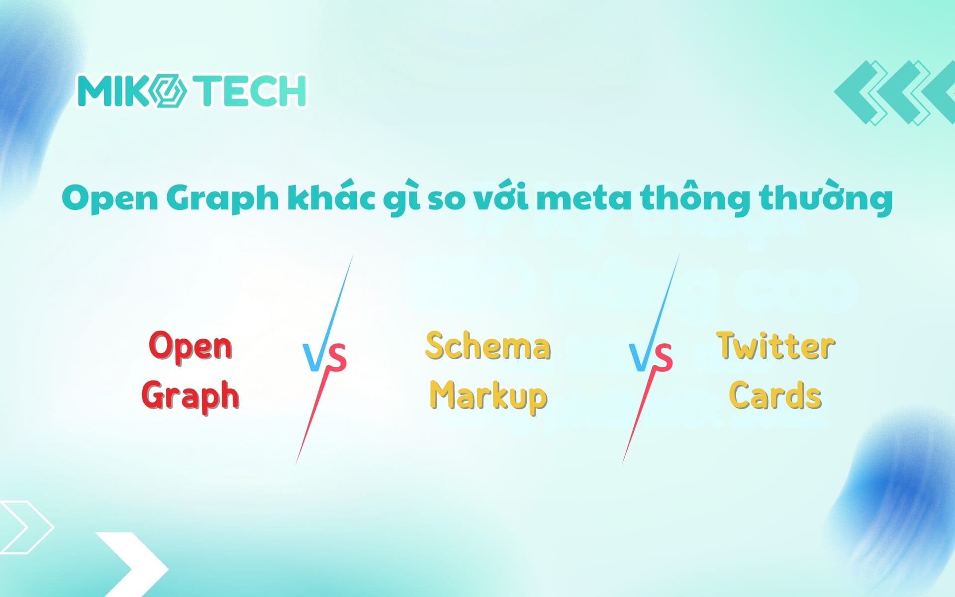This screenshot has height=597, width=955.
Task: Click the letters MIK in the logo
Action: pos(113,91)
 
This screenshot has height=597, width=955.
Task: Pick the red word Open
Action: pos(191,346)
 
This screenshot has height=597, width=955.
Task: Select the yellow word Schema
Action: pos(487,346)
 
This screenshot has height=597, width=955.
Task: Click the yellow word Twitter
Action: pos(775,346)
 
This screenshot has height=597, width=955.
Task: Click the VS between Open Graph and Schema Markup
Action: pos(324,357)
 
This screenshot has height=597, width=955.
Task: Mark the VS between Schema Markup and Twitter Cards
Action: pos(651,357)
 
